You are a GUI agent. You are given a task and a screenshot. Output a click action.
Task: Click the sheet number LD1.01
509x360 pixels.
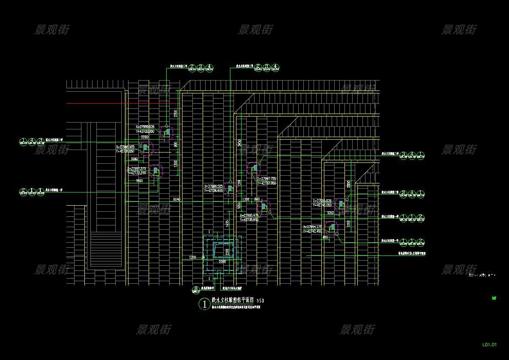tap(489, 345)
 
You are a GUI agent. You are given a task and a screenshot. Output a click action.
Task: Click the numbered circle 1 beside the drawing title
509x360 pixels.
tap(204, 305)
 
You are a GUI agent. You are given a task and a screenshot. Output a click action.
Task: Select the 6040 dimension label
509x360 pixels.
tap(177, 199)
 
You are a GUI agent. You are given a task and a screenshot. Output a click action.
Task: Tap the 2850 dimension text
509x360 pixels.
tap(349, 184)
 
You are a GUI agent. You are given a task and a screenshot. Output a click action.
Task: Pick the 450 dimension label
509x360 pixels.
tap(325, 237)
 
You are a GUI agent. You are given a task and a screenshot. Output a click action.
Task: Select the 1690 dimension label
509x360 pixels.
tap(139, 181)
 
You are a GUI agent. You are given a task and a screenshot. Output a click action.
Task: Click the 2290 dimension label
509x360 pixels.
tap(144, 137)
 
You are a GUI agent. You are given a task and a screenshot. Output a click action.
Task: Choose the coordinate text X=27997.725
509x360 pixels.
tap(266, 178)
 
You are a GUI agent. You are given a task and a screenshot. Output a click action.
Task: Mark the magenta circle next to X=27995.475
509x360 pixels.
tap(264, 207)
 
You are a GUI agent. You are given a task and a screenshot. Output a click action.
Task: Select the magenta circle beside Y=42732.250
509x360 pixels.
tap(156, 171)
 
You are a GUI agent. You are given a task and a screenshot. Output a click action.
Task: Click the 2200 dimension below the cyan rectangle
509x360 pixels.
tap(222, 261)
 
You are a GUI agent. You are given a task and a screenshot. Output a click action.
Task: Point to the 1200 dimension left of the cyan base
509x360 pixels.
tap(192, 257)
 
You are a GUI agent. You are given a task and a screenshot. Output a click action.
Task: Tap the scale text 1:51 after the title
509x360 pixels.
tap(260, 301)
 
